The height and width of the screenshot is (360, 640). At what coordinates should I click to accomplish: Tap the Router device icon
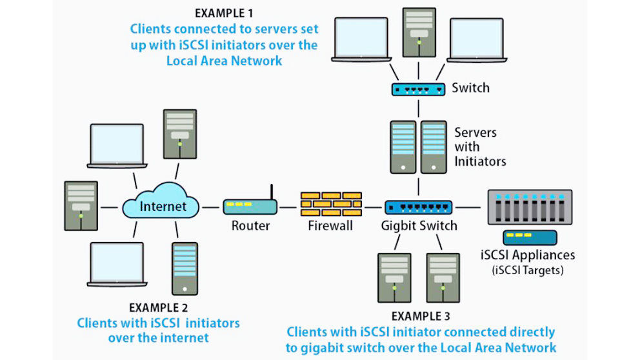(250, 207)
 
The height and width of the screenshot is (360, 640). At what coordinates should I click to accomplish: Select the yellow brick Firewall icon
(331, 204)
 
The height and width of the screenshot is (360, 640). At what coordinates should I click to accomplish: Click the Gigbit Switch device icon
(419, 207)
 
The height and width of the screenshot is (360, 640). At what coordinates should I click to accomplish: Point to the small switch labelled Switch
(419, 89)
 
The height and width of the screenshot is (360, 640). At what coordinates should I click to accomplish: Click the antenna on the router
(272, 192)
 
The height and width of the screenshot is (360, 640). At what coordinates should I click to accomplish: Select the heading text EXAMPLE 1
(224, 13)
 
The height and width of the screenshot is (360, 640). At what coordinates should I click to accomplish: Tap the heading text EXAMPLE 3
(421, 316)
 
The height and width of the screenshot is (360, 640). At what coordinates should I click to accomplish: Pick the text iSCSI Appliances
(528, 255)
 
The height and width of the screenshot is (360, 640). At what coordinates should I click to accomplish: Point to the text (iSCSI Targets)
(528, 270)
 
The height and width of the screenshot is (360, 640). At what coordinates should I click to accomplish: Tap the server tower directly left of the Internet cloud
(81, 206)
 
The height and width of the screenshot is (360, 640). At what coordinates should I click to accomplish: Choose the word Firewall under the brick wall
(330, 226)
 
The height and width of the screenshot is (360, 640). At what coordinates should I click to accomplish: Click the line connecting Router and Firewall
(288, 207)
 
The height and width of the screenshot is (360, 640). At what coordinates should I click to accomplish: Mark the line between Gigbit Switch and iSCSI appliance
(469, 207)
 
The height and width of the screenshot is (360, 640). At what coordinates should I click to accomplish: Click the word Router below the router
(250, 226)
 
